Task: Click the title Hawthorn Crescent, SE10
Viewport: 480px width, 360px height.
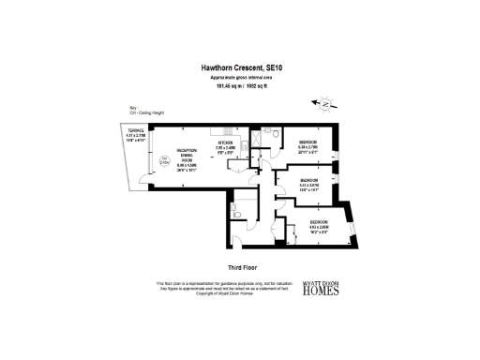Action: coord(239,67)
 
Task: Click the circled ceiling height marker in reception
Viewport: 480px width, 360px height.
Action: coord(164,159)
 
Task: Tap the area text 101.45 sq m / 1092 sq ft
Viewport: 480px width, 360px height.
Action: coord(239,87)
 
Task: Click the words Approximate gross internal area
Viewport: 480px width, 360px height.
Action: coord(239,78)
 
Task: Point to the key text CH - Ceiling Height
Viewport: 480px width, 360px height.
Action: coord(127,112)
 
